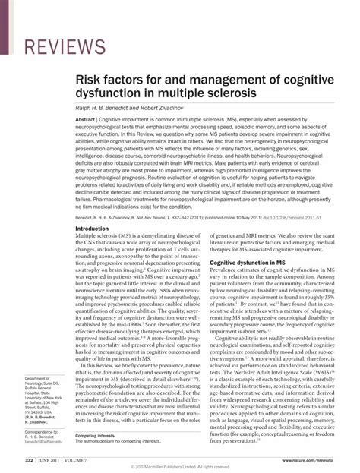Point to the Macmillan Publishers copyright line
[180, 468]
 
